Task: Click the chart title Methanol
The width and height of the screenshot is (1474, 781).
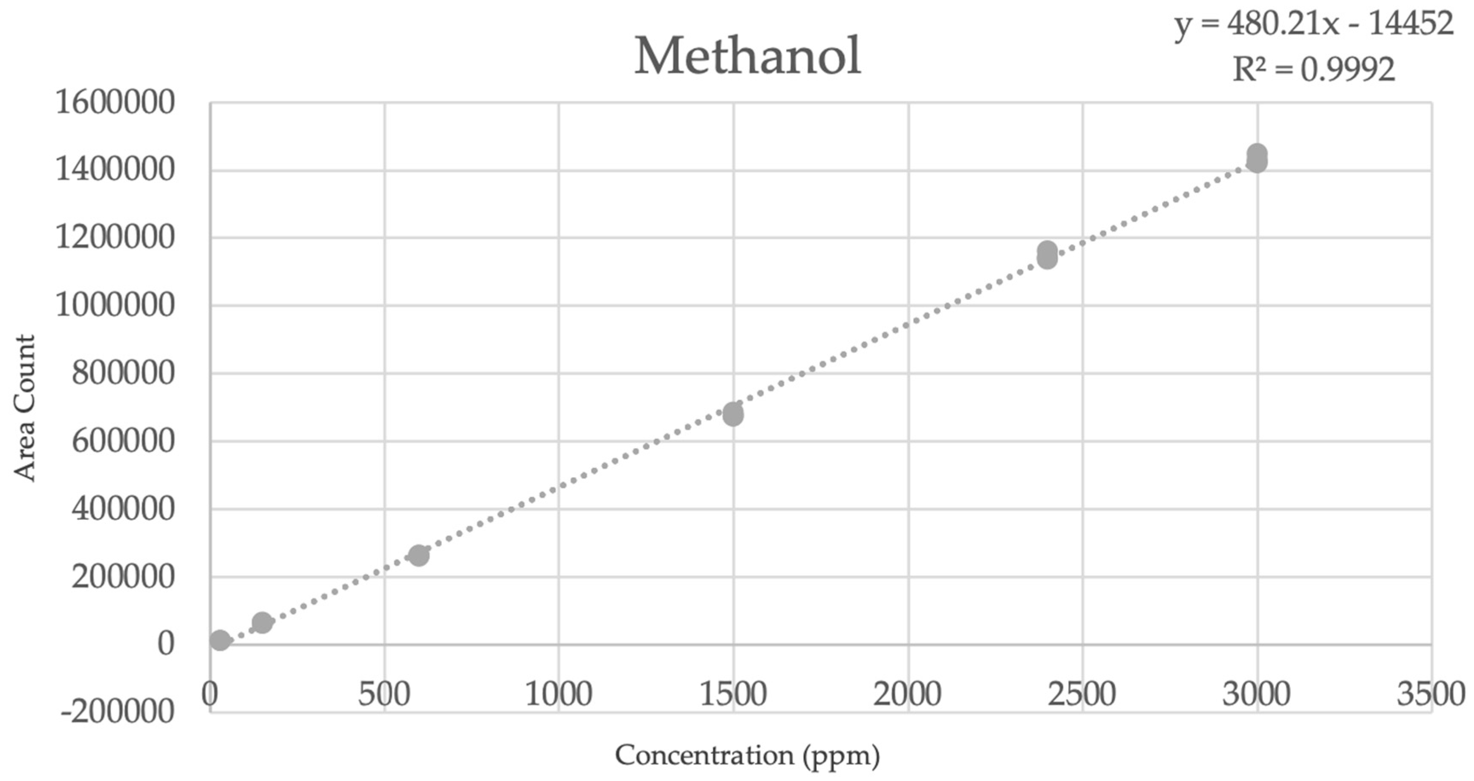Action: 747,56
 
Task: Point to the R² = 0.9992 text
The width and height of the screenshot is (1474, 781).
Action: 1314,70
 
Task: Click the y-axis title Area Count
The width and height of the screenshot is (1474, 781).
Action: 25,408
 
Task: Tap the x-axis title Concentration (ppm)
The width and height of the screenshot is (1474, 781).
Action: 747,755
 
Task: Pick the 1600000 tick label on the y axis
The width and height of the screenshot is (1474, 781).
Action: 115,103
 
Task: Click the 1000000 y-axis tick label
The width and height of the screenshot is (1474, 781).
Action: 115,305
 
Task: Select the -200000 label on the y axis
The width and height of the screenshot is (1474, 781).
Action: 117,713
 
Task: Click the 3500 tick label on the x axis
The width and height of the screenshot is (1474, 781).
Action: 1431,694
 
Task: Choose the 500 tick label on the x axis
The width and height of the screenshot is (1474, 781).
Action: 384,694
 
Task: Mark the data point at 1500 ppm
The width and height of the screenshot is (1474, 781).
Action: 733,414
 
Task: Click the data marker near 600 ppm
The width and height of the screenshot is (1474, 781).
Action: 419,555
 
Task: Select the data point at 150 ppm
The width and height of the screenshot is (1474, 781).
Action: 262,622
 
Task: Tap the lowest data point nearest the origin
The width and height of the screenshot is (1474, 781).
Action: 220,640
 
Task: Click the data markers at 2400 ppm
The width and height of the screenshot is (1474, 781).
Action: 1047,255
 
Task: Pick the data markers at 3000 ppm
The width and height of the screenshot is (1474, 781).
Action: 1257,159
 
